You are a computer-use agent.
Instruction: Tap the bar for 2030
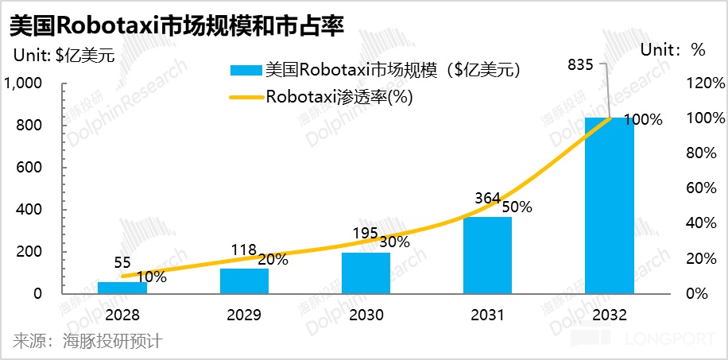click(366, 273)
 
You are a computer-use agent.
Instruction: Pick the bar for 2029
click(245, 281)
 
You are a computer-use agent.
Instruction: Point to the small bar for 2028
click(122, 287)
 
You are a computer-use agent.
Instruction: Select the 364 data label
click(486, 197)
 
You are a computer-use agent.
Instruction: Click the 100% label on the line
click(643, 120)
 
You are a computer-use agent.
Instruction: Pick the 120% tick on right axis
click(707, 83)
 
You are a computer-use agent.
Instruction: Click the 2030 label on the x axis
click(366, 315)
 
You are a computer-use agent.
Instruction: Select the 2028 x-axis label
click(122, 315)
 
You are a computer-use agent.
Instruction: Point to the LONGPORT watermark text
click(668, 340)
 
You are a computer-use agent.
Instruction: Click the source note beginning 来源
click(87, 342)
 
